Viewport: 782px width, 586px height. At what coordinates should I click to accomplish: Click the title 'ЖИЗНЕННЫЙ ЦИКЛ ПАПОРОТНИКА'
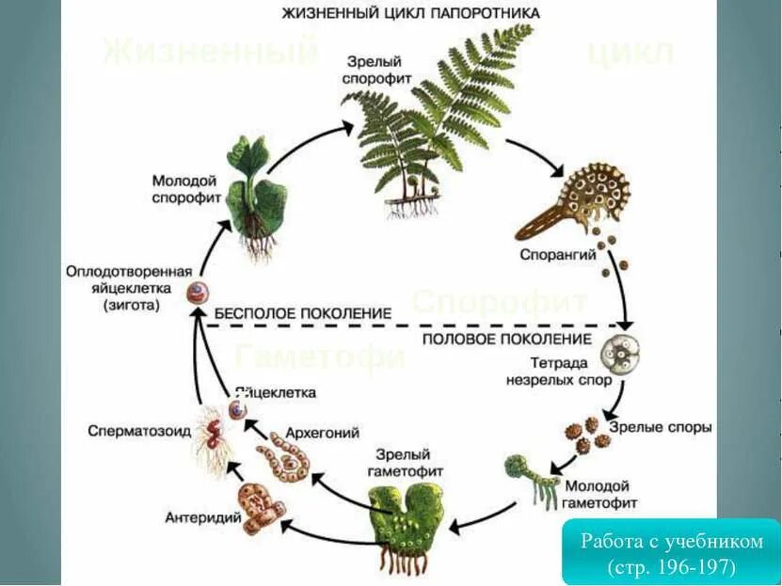pyautogui.click(x=411, y=13)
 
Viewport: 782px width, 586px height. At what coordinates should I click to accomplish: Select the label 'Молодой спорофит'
pyautogui.click(x=185, y=189)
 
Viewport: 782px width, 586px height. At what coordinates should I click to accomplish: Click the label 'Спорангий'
pyautogui.click(x=547, y=255)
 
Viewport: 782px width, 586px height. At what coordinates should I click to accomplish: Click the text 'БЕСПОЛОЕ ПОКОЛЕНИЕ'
pyautogui.click(x=302, y=312)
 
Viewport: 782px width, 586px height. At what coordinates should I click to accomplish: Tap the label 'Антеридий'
pyautogui.click(x=193, y=516)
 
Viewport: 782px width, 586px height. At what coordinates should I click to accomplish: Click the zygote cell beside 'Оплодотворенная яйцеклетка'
pyautogui.click(x=197, y=293)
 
